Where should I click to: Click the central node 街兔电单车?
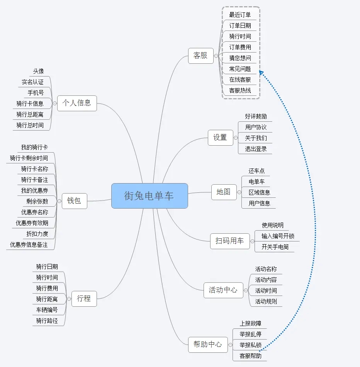coord(149,196)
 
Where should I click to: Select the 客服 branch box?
coord(200,56)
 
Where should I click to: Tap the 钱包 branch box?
coord(74,201)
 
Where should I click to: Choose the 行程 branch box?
coord(84,298)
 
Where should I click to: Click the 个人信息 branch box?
coord(77,103)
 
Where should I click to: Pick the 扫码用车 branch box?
coord(229,241)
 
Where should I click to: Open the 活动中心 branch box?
coord(223,290)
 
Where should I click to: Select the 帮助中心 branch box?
coord(208,344)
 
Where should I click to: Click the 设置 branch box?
coord(220,138)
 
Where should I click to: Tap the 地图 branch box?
coord(224,192)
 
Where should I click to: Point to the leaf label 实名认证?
coord(33,82)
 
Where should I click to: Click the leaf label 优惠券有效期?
coord(32,223)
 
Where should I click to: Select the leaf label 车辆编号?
coord(47,310)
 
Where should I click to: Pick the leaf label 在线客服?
coord(240,80)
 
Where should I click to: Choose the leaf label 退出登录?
coord(256,149)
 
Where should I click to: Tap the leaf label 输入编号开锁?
coord(278,236)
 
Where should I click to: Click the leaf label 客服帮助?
coord(250,356)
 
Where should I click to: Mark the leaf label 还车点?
coord(257,171)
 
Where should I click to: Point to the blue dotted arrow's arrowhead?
coord(261,72)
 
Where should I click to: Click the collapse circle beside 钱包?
coord(59,201)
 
